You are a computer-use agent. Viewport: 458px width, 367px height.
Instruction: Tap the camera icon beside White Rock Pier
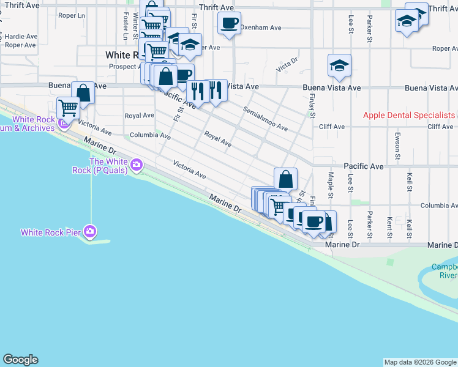point(90,231)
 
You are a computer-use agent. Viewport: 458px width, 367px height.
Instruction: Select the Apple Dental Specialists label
point(407,115)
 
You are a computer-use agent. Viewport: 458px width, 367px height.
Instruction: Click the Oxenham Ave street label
point(260,28)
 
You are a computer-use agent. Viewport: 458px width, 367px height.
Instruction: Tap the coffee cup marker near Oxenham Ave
point(230,24)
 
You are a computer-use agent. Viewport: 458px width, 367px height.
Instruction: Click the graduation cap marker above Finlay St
point(339,65)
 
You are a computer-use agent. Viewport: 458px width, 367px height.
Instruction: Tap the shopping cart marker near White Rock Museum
point(69,108)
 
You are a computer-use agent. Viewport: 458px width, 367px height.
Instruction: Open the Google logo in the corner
point(20,360)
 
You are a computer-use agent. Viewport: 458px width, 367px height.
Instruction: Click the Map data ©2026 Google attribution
point(420,362)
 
